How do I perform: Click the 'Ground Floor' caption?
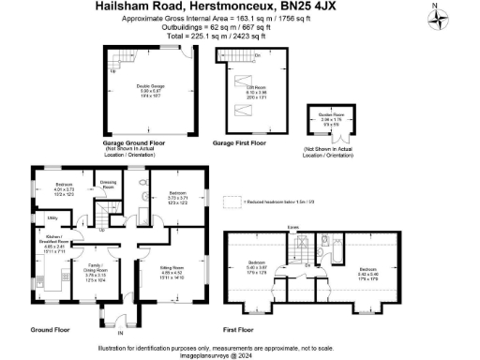pyautogui.click(x=52, y=331)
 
